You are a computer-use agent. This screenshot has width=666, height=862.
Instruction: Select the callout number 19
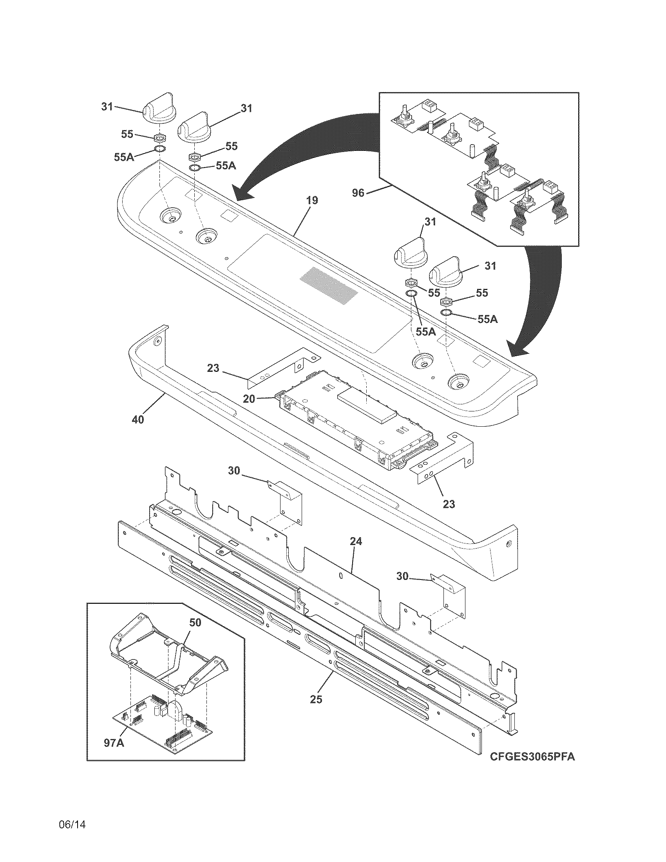312,201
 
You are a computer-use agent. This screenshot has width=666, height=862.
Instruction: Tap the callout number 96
358,194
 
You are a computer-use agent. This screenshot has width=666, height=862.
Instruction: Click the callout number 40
138,420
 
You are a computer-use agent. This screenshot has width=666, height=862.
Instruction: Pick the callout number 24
355,542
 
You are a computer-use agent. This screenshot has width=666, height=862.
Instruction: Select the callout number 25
316,699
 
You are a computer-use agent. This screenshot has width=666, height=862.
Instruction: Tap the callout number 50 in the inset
195,623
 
